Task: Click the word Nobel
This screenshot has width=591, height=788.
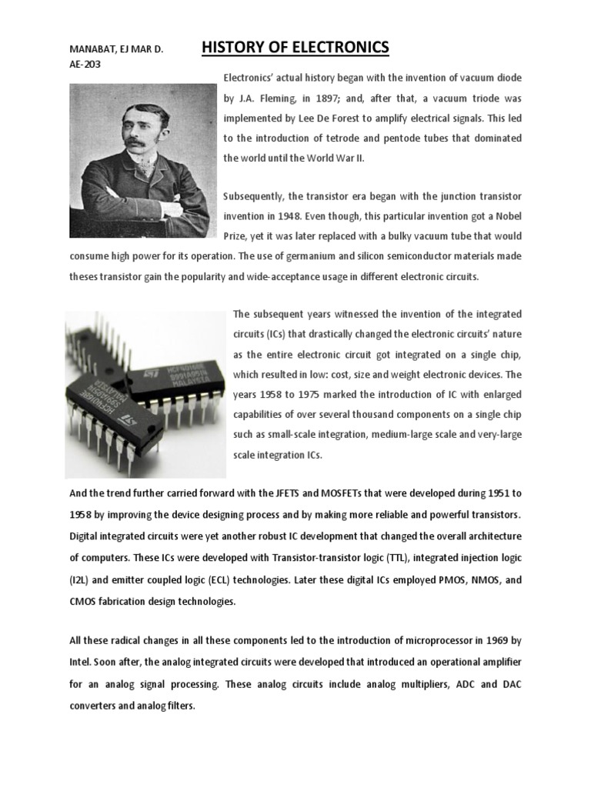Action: (x=506, y=217)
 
